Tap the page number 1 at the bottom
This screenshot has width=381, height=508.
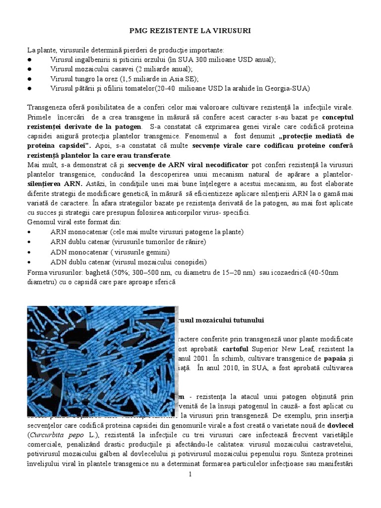[190, 475]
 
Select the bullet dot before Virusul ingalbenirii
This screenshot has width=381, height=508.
[30, 60]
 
